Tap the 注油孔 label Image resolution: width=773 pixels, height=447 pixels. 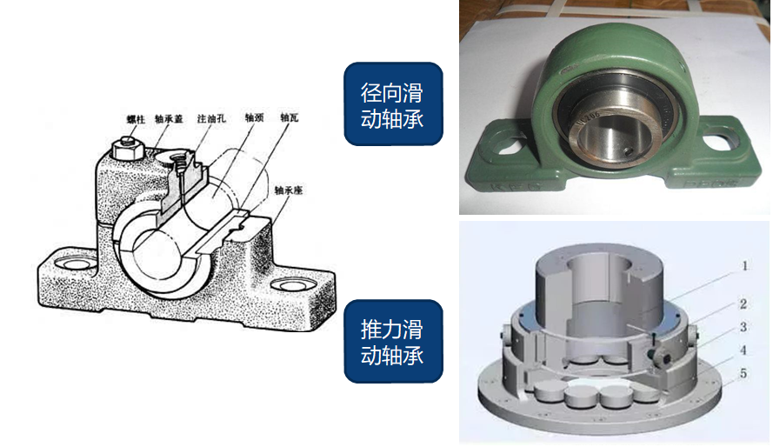210,116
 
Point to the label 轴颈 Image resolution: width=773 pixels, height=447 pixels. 253,116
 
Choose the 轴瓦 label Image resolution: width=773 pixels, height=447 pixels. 290,116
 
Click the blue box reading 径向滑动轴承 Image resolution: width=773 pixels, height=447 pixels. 392,104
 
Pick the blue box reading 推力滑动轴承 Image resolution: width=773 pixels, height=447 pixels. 392,342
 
